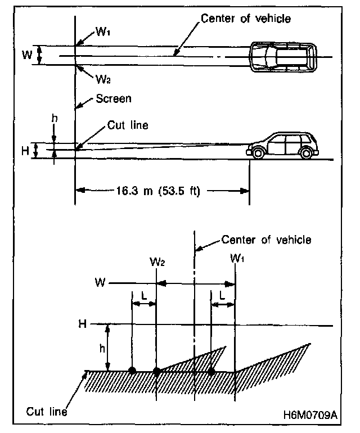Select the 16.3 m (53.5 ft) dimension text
click(163, 190)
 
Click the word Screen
click(114, 99)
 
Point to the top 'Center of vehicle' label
click(246, 19)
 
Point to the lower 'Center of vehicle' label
click(266, 240)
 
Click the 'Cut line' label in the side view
click(129, 125)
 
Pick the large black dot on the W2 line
click(156, 371)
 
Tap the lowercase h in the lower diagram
click(102, 348)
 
